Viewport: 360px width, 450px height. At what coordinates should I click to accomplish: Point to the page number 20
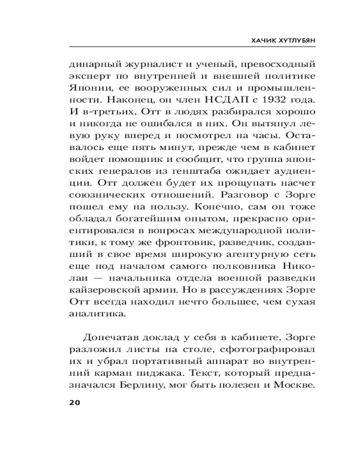[x=75, y=402]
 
